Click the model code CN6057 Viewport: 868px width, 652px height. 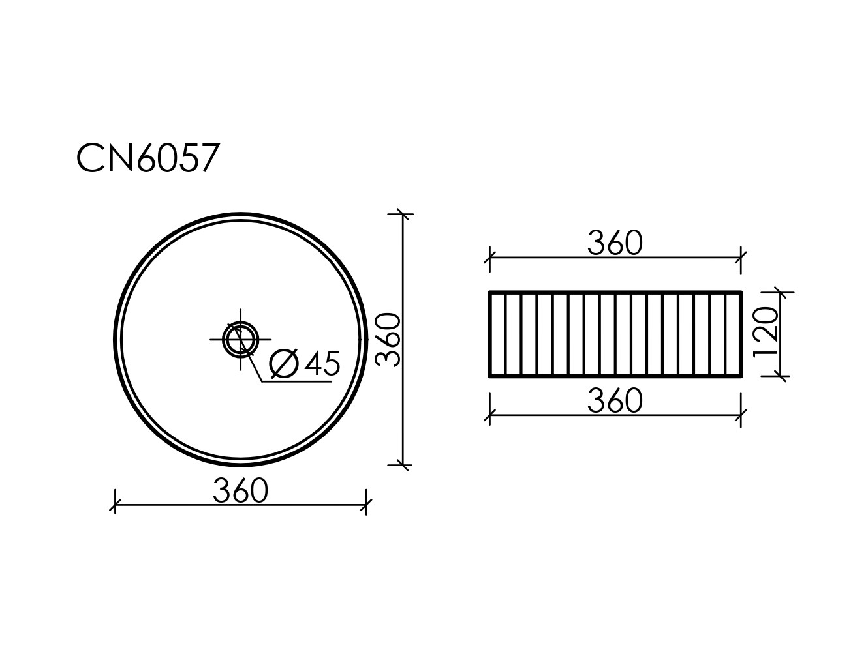tap(147, 158)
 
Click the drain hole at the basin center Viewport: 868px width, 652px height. tap(241, 339)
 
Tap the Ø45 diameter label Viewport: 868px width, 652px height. tap(305, 363)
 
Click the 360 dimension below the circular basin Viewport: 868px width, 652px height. tap(240, 491)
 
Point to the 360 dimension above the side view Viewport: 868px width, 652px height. tap(615, 243)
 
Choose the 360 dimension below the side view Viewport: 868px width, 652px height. tap(615, 400)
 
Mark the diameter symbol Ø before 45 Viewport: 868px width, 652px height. tap(284, 363)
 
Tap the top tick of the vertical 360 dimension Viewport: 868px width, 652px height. tap(403, 213)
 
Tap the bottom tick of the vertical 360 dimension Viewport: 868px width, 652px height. tap(403, 465)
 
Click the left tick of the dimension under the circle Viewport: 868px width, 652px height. tap(116, 505)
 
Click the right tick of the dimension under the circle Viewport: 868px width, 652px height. tap(366, 505)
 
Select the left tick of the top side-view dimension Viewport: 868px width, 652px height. tap(489, 258)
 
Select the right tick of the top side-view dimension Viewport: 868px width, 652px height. tap(741, 258)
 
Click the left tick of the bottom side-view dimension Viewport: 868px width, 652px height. tap(489, 414)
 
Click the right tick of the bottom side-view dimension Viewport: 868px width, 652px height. tap(741, 414)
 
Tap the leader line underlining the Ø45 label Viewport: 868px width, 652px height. tap(297, 381)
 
